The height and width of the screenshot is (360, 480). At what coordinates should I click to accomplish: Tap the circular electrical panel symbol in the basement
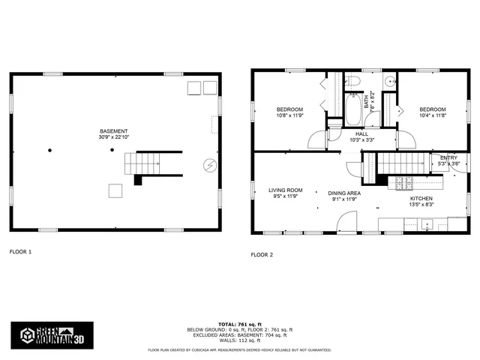[208, 164]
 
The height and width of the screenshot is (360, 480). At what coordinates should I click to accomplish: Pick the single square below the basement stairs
[115, 190]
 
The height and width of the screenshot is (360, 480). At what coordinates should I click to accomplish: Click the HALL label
[361, 133]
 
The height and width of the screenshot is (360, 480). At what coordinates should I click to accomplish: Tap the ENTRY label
[448, 157]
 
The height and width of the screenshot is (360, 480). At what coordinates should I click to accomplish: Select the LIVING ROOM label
[286, 190]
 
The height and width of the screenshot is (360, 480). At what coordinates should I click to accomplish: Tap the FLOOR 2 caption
[262, 253]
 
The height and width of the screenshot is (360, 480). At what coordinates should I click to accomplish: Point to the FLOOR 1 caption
[20, 251]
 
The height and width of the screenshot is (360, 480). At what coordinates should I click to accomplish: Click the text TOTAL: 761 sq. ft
[240, 324]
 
